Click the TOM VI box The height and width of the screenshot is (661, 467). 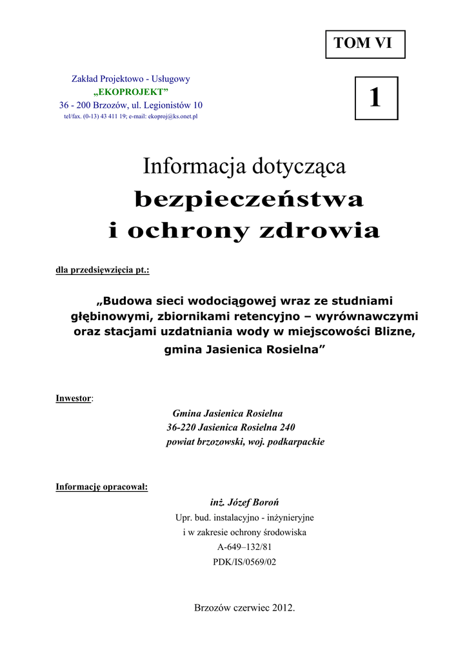pos(365,44)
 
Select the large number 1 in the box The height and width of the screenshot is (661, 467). pos(376,98)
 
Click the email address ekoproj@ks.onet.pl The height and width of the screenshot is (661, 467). pos(172,117)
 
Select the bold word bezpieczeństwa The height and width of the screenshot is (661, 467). pos(249,201)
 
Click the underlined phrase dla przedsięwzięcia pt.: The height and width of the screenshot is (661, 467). pos(103,270)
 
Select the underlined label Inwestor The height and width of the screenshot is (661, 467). pos(74,398)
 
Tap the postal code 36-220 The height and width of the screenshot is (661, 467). pos(181,427)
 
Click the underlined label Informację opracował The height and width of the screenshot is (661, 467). pos(102,487)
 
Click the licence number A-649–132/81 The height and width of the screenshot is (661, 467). pos(244,547)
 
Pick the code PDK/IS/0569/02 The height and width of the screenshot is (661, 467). pos(244,562)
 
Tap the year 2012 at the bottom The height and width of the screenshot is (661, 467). pos(283,608)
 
